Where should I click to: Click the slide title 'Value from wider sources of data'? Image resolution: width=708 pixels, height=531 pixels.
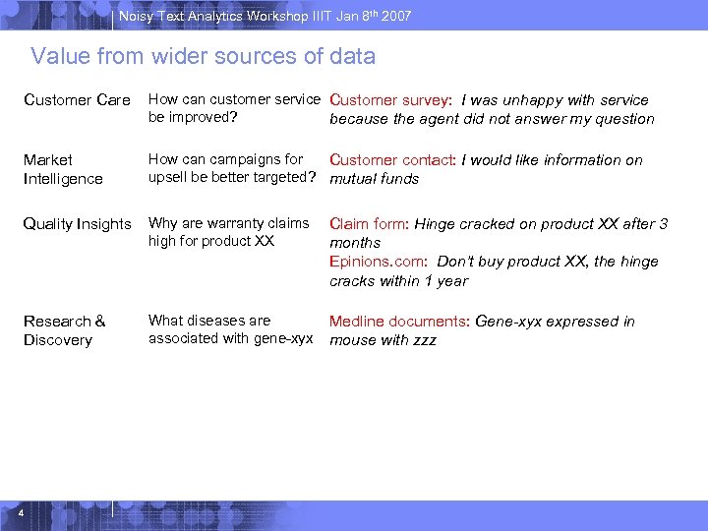point(203,57)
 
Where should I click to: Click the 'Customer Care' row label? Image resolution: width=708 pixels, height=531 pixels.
point(77,100)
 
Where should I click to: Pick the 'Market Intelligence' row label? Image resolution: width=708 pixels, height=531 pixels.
point(63,169)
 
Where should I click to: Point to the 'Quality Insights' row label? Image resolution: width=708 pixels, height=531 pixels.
point(77,224)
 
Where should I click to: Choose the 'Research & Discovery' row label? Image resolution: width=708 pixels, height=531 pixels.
point(64,330)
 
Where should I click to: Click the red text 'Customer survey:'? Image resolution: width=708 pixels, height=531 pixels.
point(390,100)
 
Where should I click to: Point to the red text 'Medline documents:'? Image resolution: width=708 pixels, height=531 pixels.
point(399,322)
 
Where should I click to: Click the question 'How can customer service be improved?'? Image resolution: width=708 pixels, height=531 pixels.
point(234,108)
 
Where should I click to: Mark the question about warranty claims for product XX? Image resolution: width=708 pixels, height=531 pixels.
point(228,232)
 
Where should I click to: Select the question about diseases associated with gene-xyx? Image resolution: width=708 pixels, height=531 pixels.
point(230,329)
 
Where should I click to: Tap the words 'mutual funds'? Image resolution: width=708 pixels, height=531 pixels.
point(374,179)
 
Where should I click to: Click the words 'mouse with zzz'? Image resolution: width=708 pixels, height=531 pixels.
point(383,340)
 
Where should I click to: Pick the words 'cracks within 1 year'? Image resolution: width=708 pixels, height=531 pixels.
point(398,281)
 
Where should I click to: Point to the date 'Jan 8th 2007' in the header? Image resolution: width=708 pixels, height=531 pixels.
point(372,16)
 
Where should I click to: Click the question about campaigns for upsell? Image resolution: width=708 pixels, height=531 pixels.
point(232,168)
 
